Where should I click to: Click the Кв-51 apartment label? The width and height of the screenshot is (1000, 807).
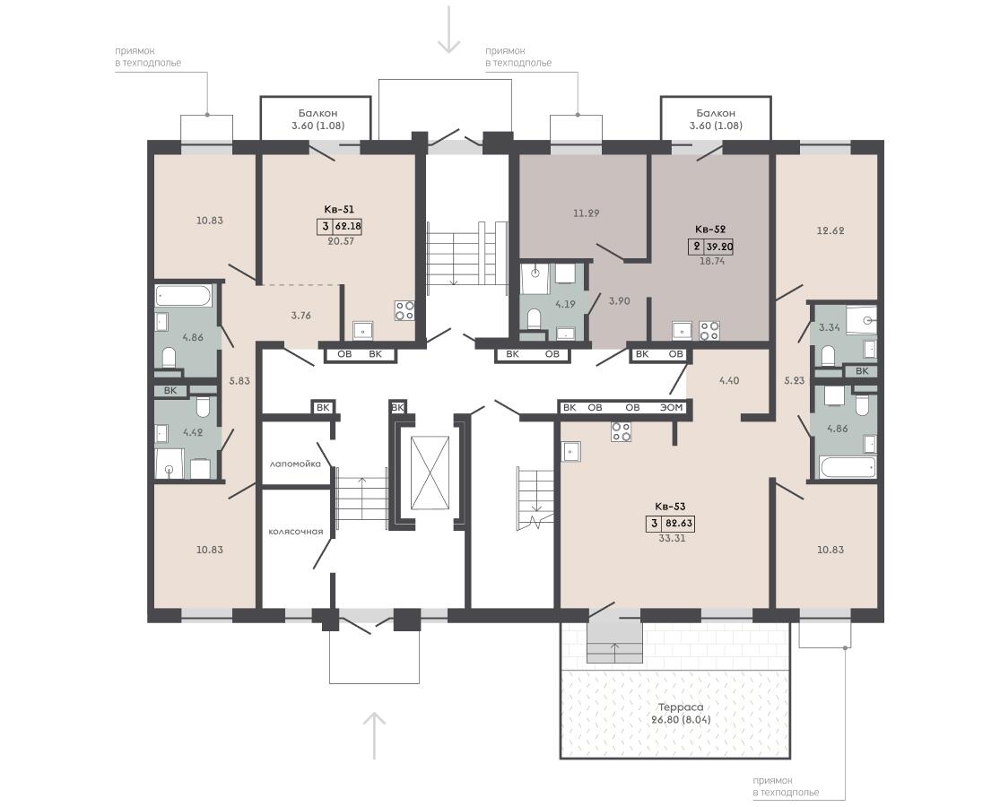(x=339, y=209)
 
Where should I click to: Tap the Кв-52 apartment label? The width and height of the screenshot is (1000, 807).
(x=710, y=229)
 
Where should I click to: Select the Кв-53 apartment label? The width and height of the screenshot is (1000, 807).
(x=670, y=506)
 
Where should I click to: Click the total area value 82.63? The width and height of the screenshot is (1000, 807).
(x=679, y=524)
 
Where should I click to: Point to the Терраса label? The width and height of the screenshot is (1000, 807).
(x=681, y=707)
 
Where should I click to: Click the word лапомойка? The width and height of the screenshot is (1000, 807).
(x=295, y=464)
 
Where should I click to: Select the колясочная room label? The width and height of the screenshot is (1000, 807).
(x=295, y=531)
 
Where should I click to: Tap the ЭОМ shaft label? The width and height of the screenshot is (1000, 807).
(x=672, y=407)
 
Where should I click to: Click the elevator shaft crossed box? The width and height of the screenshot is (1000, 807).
(x=430, y=473)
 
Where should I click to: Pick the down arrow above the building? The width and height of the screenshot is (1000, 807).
(x=449, y=30)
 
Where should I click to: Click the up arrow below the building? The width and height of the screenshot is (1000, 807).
(x=374, y=735)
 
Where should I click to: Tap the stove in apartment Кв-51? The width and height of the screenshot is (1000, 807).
(x=404, y=310)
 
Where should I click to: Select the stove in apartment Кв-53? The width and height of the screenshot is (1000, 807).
(x=622, y=431)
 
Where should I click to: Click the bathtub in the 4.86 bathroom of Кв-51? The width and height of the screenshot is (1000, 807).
(x=184, y=296)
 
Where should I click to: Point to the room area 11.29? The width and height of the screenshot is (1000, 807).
(x=586, y=213)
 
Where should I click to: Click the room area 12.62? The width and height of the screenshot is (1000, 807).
(x=830, y=230)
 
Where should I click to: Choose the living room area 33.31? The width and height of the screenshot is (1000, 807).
(x=672, y=538)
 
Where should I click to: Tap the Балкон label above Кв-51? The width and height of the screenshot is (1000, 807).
(x=317, y=113)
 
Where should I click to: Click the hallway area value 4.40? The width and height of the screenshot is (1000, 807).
(x=729, y=380)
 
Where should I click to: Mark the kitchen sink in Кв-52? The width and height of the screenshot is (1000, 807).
(x=681, y=330)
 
